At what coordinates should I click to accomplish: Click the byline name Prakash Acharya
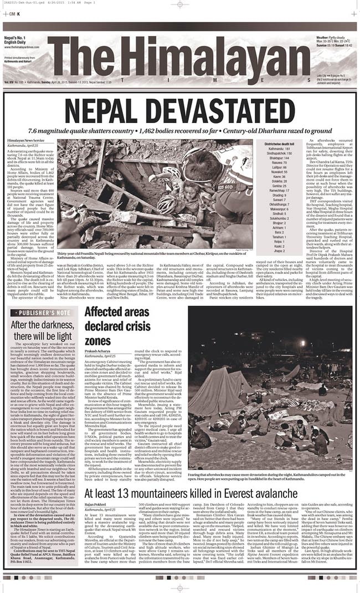[x=97, y=350]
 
